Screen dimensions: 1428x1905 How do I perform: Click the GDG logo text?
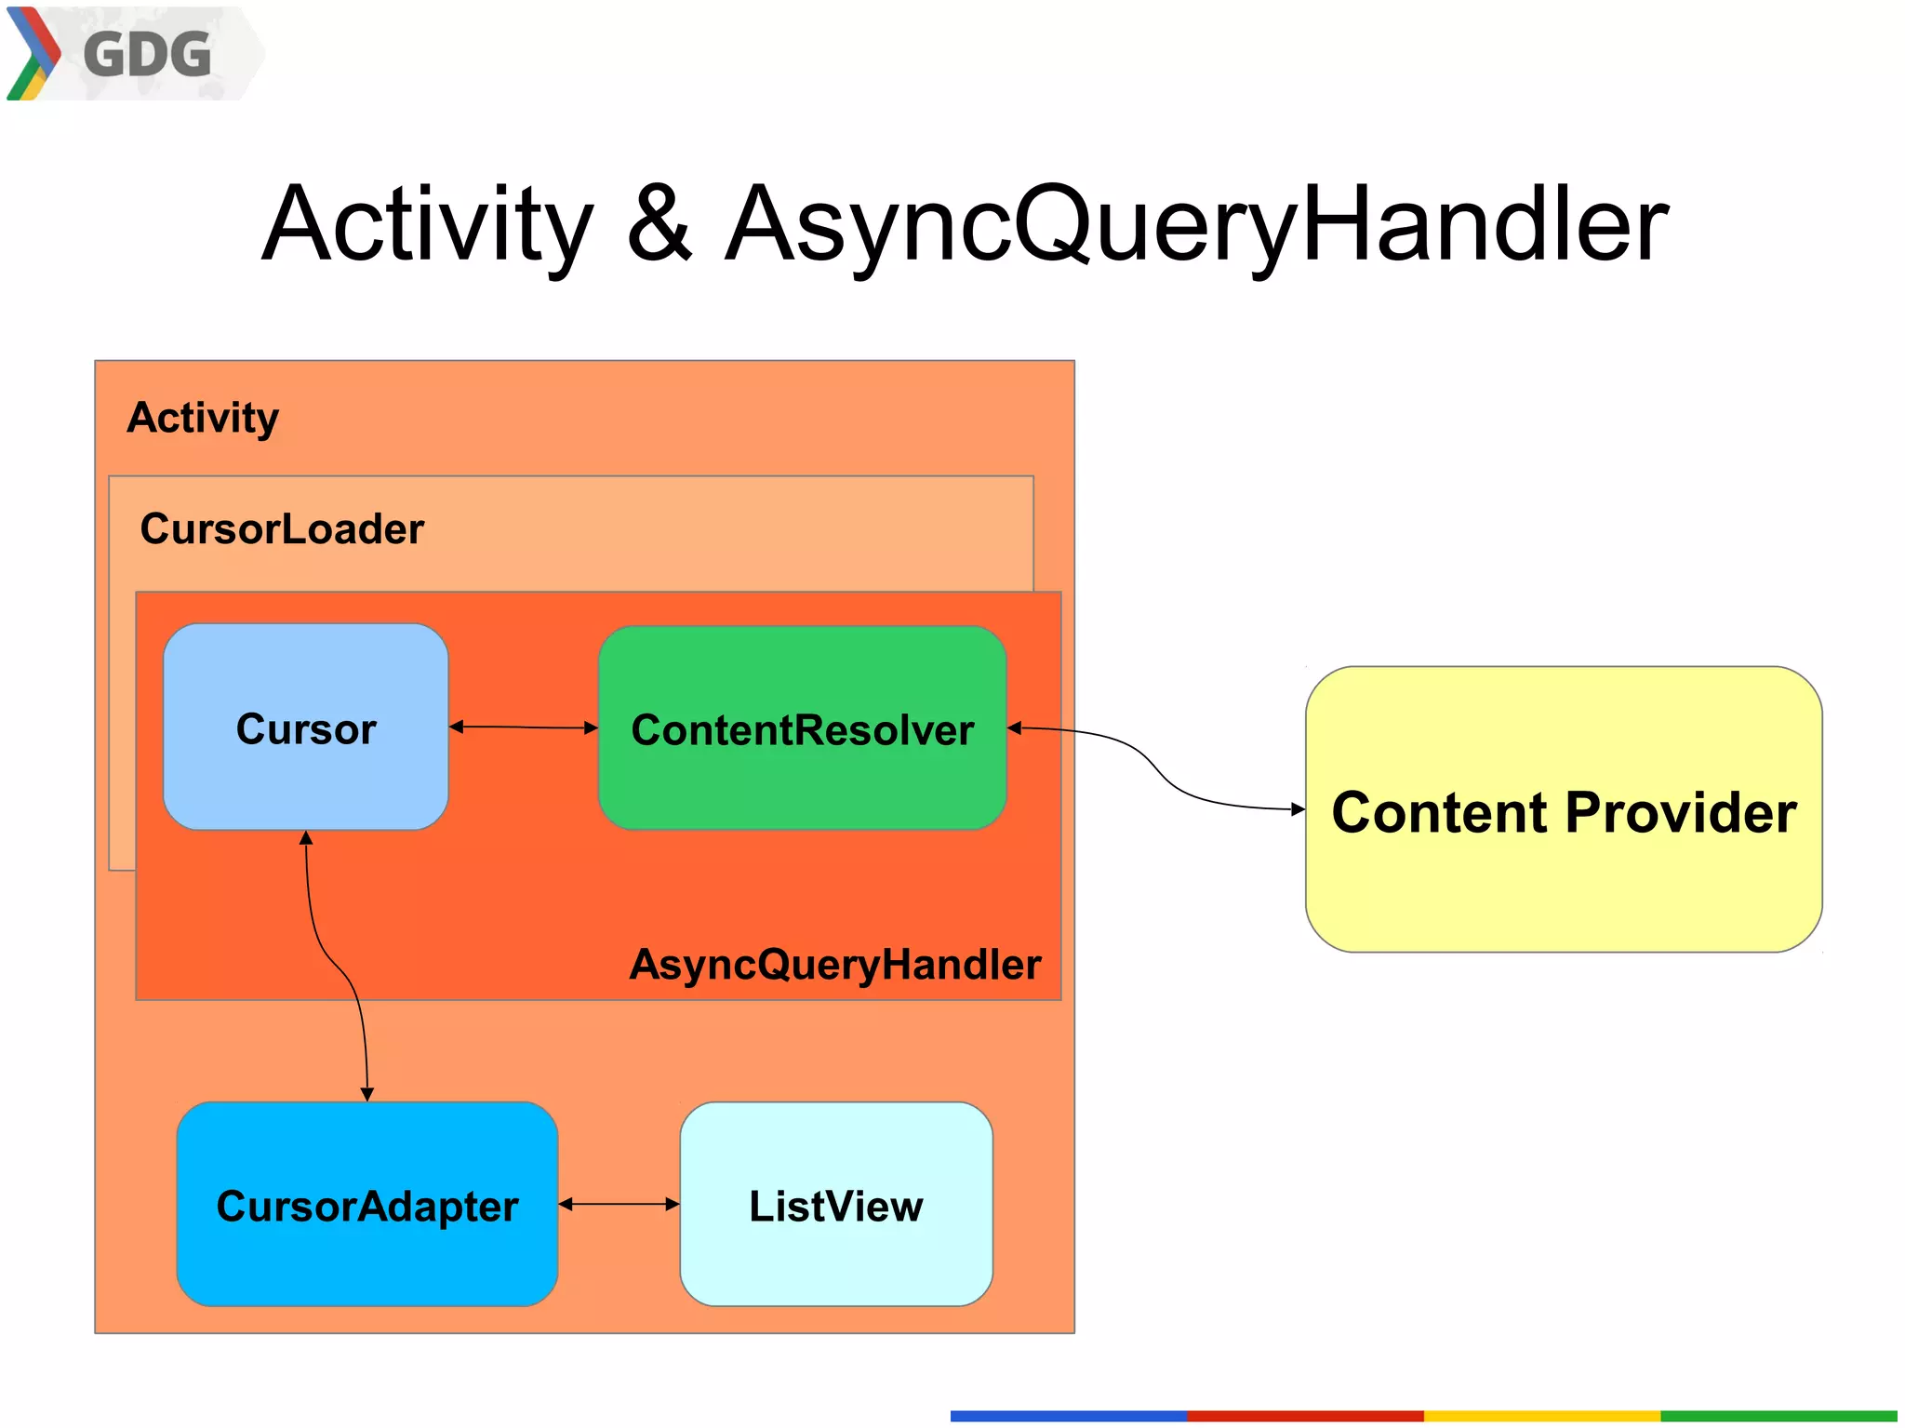pyautogui.click(x=147, y=55)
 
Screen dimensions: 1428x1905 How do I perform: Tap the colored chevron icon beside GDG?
pyautogui.click(x=33, y=54)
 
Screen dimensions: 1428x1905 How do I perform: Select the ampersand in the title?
pyautogui.click(x=659, y=223)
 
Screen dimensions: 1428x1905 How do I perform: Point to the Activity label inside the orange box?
pyautogui.click(x=203, y=418)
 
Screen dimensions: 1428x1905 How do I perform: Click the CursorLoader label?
pyautogui.click(x=282, y=529)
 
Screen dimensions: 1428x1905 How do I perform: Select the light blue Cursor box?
pyautogui.click(x=305, y=727)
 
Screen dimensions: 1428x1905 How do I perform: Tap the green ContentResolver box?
pyautogui.click(x=802, y=728)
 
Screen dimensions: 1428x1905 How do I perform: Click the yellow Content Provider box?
pyautogui.click(x=1563, y=810)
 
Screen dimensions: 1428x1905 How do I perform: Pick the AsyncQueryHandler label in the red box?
pyautogui.click(x=834, y=965)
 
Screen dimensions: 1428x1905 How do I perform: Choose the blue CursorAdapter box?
pyautogui.click(x=366, y=1206)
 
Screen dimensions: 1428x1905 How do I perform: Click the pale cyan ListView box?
pyautogui.click(x=835, y=1206)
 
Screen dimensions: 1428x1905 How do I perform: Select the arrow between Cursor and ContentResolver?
pyautogui.click(x=523, y=727)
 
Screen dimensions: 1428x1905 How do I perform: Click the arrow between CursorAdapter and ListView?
pyautogui.click(x=619, y=1204)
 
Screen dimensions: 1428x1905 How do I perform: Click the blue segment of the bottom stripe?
pyautogui.click(x=1068, y=1416)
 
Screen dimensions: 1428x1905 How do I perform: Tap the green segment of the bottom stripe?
pyautogui.click(x=1778, y=1416)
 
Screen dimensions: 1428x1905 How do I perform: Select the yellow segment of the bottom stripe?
pyautogui.click(x=1541, y=1416)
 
